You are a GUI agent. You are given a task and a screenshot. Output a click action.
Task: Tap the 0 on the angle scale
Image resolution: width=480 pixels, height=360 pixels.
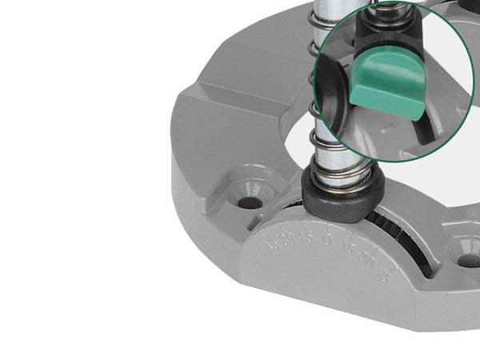pos(327,238)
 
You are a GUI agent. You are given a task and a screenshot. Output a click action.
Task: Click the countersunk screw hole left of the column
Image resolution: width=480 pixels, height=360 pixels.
pos(250,201)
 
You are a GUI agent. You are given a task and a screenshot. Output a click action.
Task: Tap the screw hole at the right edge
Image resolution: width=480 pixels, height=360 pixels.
pos(468,258)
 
